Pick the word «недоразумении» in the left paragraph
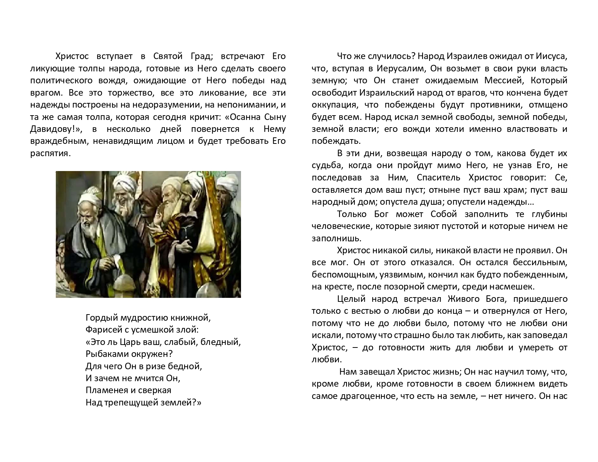pos(168,105)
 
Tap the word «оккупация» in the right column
pos(332,105)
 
